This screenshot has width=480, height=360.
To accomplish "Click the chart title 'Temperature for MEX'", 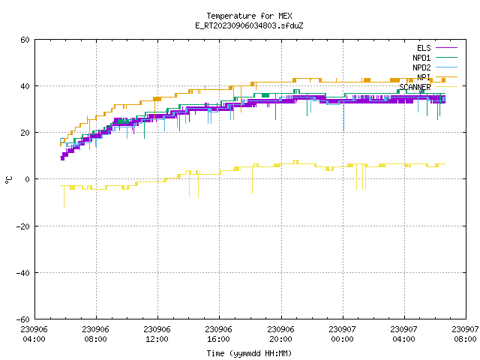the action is tap(249, 16).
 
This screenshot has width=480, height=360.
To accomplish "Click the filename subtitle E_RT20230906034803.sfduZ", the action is tap(249, 25).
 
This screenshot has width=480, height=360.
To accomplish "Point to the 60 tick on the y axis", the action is tap(25, 40).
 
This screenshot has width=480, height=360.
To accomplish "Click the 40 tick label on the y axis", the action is tap(25, 86).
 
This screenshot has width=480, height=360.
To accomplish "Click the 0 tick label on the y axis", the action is tap(27, 179).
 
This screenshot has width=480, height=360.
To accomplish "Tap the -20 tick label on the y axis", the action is tap(23, 226).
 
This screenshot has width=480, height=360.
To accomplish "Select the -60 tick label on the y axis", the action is tap(23, 319).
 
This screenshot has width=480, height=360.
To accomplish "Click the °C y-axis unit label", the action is tap(9, 180).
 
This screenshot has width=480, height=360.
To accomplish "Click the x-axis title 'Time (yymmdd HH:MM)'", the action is tap(249, 353).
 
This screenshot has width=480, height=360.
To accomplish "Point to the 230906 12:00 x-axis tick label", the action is tap(157, 334).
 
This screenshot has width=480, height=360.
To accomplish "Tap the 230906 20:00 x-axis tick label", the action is tap(280, 334).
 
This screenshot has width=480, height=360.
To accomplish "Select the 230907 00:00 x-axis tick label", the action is tap(342, 334).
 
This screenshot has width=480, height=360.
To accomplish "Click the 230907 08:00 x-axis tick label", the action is tap(465, 334).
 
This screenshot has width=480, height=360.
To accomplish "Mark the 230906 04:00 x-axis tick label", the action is tap(34, 334).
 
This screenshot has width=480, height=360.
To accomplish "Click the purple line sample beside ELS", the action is tap(446, 48).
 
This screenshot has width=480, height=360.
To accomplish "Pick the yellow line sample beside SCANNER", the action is tap(446, 87).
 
